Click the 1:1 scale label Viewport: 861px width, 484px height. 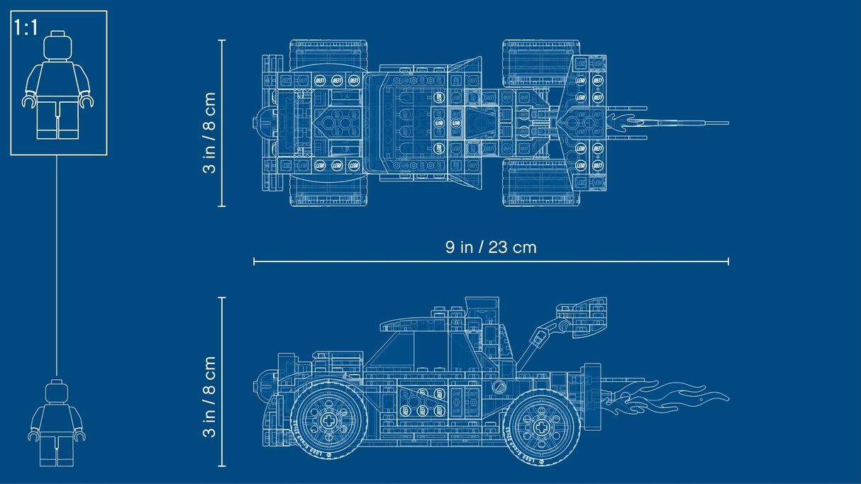(x=26, y=29)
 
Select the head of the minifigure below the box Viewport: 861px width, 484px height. (x=57, y=393)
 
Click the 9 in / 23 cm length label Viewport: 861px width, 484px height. (x=491, y=247)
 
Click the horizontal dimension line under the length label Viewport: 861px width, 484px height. (x=491, y=262)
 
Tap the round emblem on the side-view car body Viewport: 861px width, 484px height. (x=501, y=387)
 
